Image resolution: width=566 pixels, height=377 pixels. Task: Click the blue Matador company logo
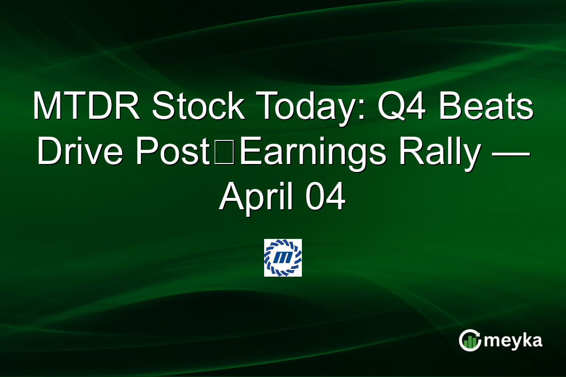(x=283, y=258)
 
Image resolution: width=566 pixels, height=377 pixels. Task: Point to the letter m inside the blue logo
(x=283, y=258)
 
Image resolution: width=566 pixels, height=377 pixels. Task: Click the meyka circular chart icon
(x=469, y=340)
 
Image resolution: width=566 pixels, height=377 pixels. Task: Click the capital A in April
(x=230, y=197)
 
